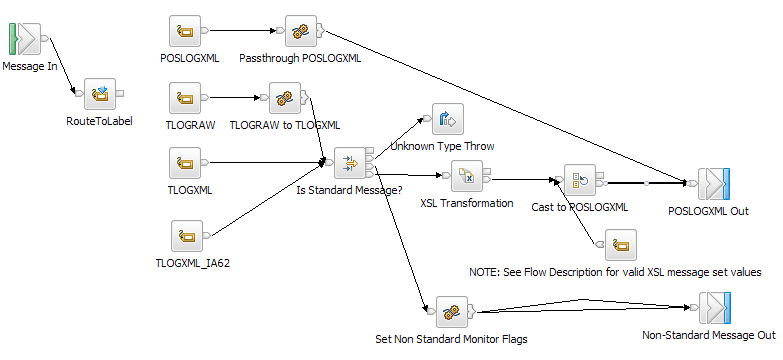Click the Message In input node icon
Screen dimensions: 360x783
(24, 40)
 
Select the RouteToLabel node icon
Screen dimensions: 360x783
(100, 94)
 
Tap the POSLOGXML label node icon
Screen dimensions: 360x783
(186, 31)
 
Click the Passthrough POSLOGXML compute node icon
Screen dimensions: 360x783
(299, 31)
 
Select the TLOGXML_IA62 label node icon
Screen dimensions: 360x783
(186, 237)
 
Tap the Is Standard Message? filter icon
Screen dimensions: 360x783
(349, 162)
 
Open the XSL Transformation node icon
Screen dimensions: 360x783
(466, 177)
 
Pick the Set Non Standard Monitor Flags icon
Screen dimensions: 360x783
(449, 311)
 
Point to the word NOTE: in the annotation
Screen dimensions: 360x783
(487, 272)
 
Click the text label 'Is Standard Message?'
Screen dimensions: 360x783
(350, 189)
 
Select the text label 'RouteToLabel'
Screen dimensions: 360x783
(99, 121)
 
